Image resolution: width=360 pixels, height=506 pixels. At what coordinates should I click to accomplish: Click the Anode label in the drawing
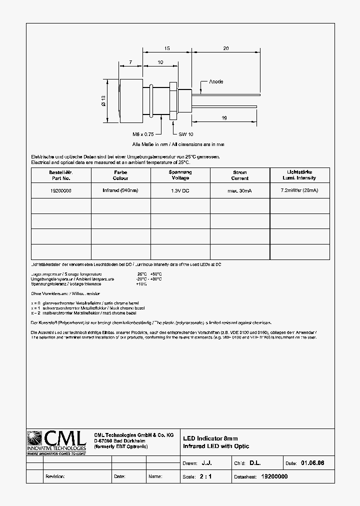coord(216,81)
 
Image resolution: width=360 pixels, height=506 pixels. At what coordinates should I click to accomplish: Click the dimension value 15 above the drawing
coord(167,48)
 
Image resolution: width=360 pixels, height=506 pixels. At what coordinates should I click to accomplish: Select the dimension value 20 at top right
coord(225,48)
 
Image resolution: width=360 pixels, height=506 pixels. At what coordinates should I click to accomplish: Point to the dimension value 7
coord(130,62)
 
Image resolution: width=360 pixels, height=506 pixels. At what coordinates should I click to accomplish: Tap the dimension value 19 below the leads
coord(224,117)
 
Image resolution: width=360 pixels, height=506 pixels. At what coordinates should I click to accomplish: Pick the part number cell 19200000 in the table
coord(61,190)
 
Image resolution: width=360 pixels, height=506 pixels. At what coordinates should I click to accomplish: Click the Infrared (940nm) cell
coord(120,190)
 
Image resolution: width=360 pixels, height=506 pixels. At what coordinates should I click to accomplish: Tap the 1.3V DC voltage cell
coord(180,190)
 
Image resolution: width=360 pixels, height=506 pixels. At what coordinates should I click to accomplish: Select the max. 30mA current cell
coord(239,190)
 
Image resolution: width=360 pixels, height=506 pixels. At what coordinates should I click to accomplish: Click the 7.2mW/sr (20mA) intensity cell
coord(299,190)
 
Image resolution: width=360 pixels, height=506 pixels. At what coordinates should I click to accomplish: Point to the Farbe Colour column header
coord(120,175)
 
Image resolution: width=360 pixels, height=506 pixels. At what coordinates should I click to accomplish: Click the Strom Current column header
coord(239,175)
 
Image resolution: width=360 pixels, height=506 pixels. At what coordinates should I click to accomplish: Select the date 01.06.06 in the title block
coord(312,463)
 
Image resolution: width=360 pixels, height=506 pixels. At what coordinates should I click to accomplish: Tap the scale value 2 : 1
coord(205,476)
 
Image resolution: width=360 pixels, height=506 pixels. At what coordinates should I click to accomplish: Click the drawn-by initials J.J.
coord(213,463)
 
